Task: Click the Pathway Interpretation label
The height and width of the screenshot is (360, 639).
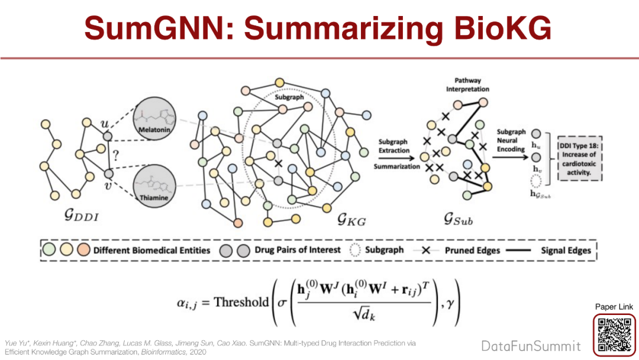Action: click(467, 85)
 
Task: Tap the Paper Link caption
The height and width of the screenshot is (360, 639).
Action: click(614, 307)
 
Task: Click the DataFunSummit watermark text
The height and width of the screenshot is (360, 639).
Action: click(531, 346)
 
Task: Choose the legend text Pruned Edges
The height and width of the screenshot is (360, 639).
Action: click(472, 250)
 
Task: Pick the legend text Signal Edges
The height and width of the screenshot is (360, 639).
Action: click(566, 250)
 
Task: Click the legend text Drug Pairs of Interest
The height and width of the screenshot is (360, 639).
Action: click(298, 250)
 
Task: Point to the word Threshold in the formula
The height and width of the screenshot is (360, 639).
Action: click(241, 302)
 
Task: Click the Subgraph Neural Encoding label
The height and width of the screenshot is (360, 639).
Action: click(511, 140)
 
